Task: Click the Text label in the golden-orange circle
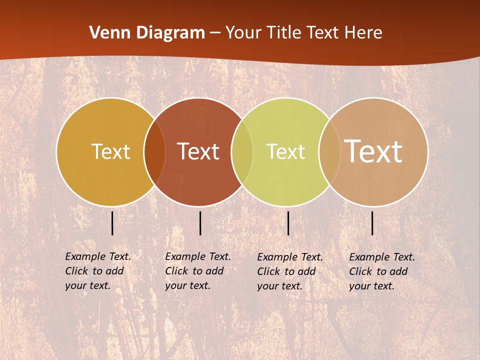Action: (110, 151)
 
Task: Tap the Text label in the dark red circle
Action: (198, 151)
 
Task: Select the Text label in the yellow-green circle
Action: (285, 151)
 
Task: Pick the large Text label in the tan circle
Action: (373, 151)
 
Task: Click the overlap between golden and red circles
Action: (154, 152)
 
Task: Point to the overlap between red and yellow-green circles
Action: (242, 152)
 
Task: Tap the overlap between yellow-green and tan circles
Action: (329, 152)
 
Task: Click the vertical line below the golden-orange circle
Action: (112, 223)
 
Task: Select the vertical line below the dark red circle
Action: (200, 223)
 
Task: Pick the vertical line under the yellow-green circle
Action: (288, 223)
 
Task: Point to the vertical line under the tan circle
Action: (372, 223)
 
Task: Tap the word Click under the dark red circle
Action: (176, 271)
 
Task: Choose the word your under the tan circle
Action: (359, 286)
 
